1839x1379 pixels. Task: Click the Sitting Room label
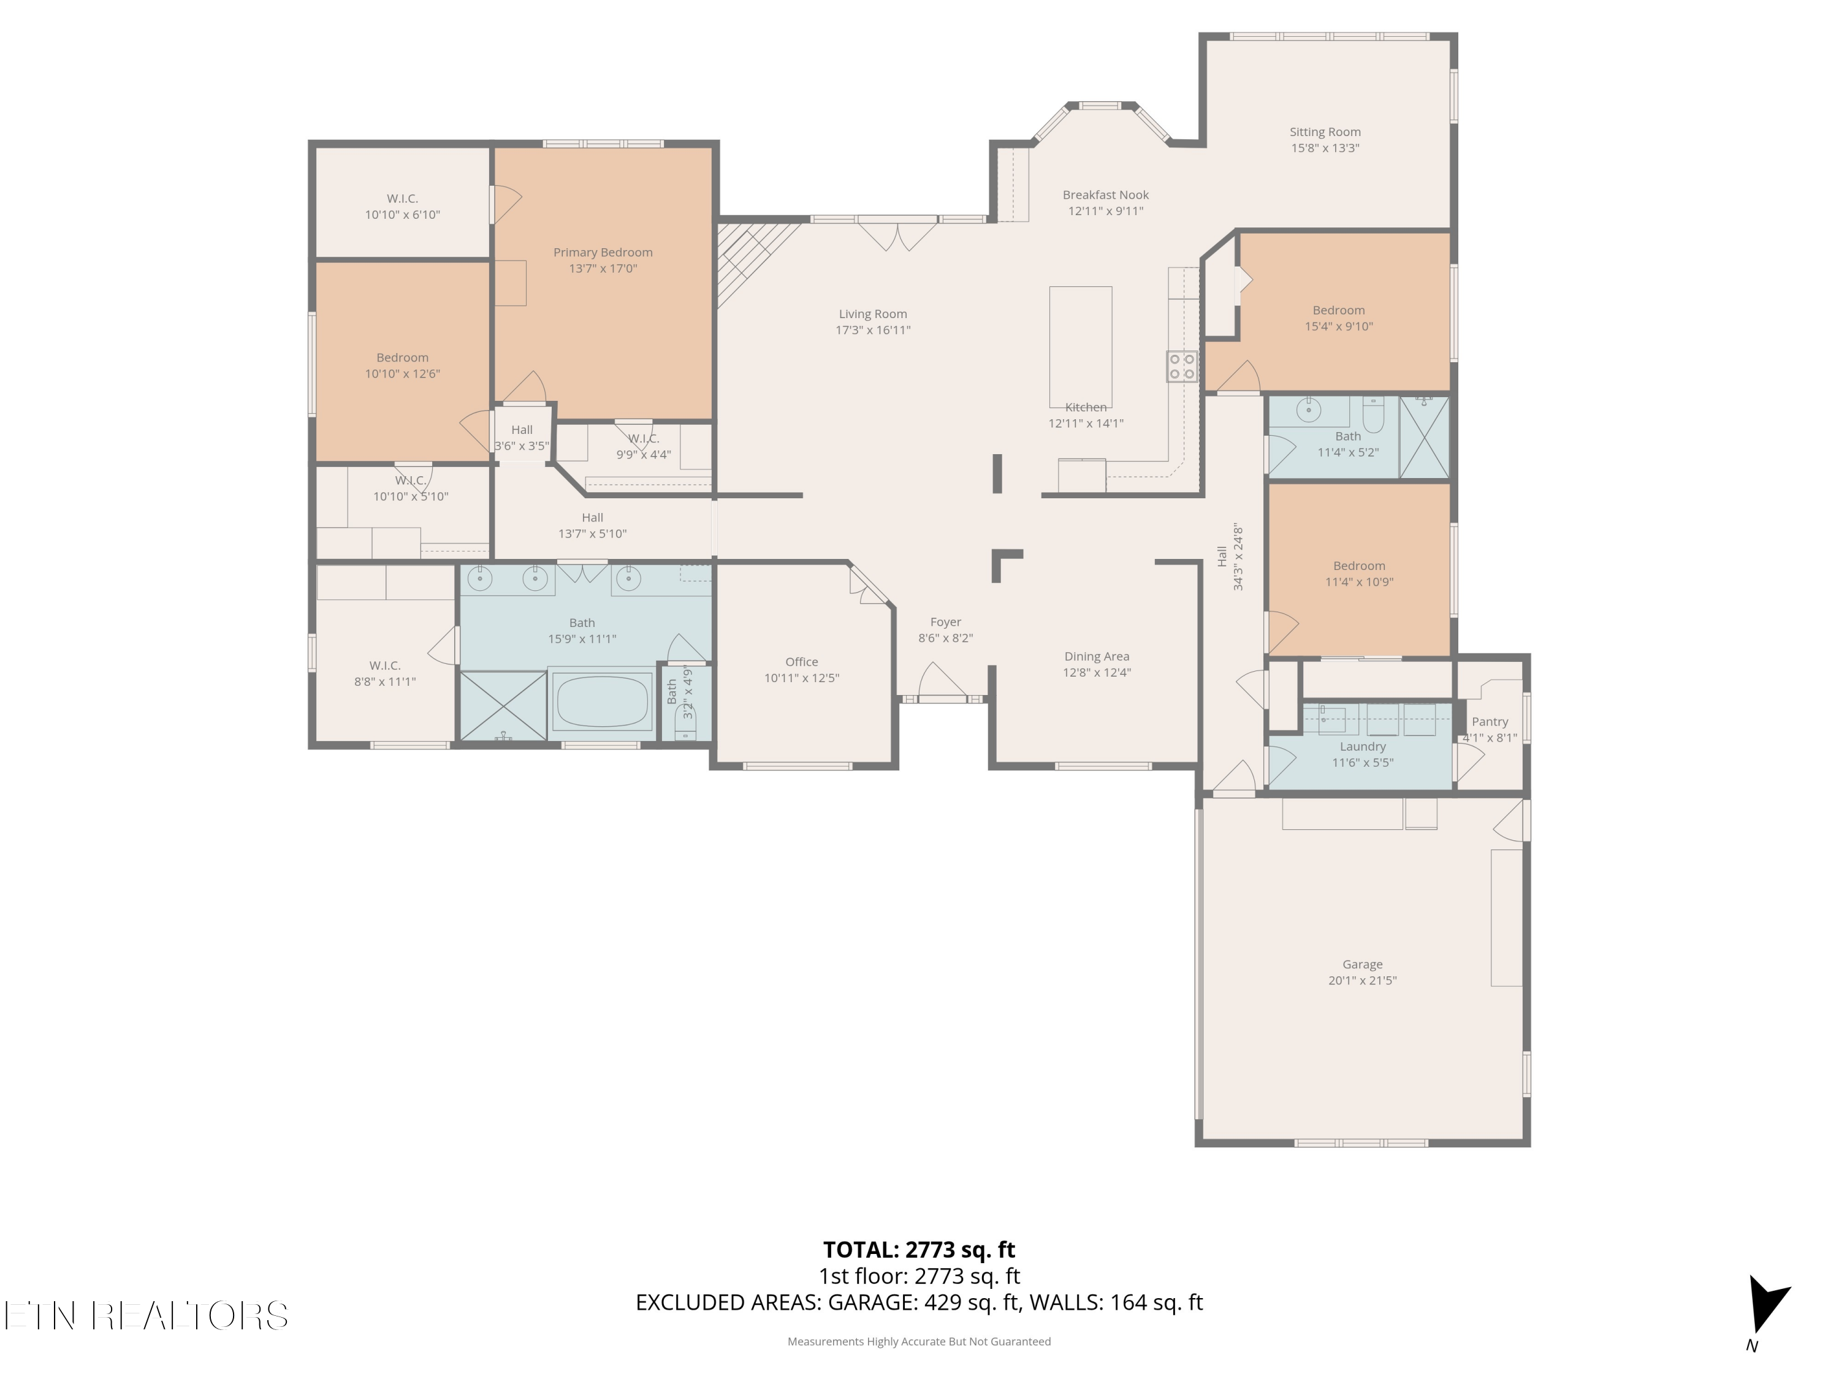tap(1325, 132)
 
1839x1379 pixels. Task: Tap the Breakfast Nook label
tap(1106, 196)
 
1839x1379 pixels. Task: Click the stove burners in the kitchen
tap(1181, 367)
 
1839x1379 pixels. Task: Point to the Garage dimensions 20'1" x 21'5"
tap(1363, 981)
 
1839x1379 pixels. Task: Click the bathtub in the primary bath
tap(602, 702)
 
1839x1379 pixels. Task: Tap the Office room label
tap(801, 663)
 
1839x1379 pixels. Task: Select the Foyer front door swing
tap(942, 679)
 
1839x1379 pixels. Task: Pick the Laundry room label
tap(1363, 747)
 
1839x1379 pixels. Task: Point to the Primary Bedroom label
tap(603, 253)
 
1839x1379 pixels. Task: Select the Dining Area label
tap(1097, 656)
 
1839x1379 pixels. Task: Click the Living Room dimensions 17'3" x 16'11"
tap(873, 330)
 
